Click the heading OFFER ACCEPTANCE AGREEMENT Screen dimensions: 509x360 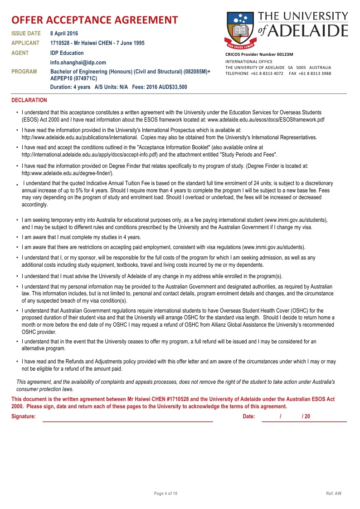click(94, 20)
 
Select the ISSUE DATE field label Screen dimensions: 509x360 click(26, 34)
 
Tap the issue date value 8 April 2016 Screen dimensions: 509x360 click(64, 34)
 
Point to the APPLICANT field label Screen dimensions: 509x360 click(26, 43)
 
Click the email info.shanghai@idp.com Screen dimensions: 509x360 click(78, 63)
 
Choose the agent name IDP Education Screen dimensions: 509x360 click(67, 53)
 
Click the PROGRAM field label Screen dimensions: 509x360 click(24, 72)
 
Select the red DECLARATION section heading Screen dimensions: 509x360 click(29, 100)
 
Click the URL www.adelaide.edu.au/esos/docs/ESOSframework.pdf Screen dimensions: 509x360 click(266, 120)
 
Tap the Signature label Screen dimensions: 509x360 click(24, 416)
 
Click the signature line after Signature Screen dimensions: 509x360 click(127, 420)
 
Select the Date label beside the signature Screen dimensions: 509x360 click(249, 416)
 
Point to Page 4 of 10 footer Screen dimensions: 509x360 click(166, 493)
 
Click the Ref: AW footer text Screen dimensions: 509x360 click(334, 493)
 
